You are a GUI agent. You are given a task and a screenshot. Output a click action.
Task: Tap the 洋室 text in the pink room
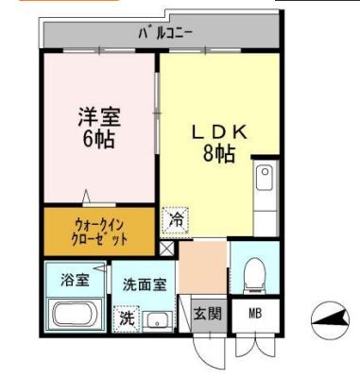99,119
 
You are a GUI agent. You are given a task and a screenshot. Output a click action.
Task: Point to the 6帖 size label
99,140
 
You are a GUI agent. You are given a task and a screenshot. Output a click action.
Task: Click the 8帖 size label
220,154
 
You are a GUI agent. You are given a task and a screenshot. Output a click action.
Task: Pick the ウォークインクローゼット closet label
98,232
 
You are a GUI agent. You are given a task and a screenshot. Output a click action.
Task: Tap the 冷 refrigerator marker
175,218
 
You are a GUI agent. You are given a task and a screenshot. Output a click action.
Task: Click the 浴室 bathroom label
73,279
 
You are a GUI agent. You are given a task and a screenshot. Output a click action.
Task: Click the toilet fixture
253,273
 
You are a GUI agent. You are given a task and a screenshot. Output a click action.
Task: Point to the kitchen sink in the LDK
265,177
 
